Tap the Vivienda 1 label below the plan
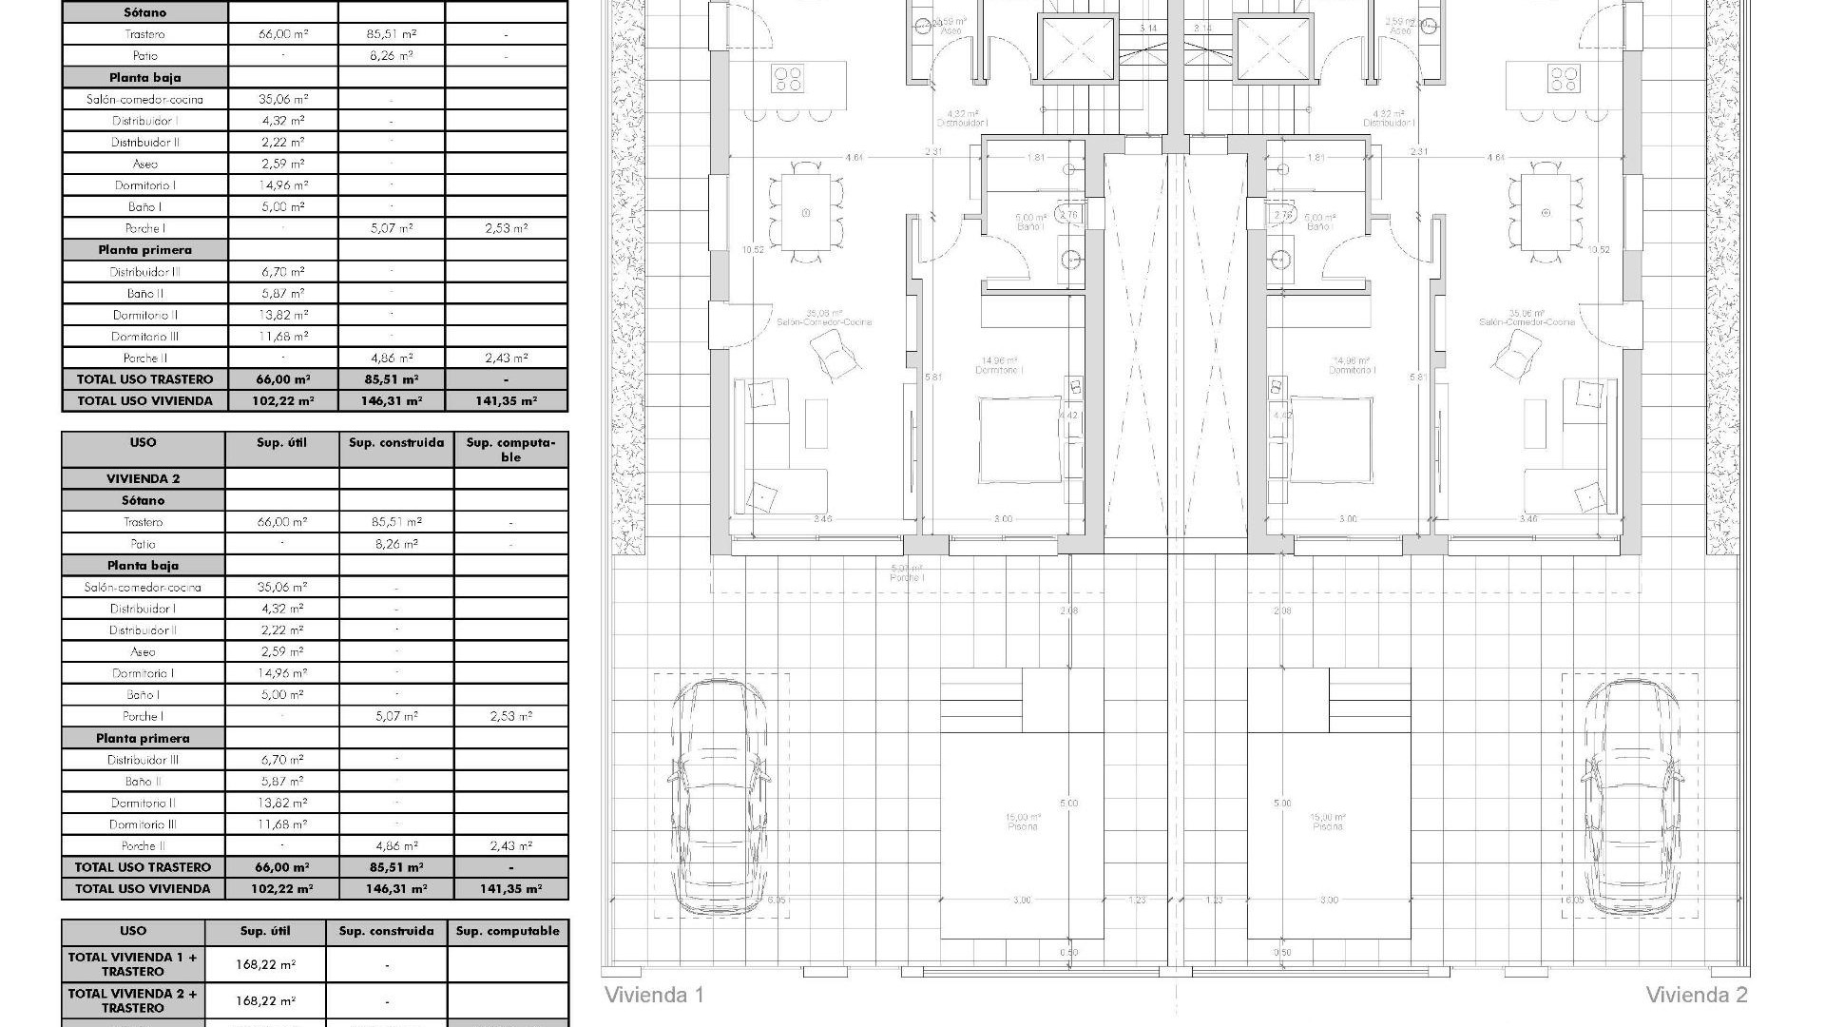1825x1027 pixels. [654, 996]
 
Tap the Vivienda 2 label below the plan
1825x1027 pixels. [1697, 996]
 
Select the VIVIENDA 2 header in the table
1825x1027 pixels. [143, 478]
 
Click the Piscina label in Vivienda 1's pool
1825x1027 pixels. [1023, 826]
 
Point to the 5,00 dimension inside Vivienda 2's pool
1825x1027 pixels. [1282, 804]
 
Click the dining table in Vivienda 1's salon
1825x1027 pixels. [805, 212]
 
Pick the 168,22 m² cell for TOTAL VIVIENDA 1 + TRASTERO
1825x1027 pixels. [265, 964]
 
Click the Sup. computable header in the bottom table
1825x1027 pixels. [508, 931]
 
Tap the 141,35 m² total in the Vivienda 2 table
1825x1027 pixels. [510, 889]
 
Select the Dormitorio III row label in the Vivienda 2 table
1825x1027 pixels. [143, 824]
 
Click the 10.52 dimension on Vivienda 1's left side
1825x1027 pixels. [753, 250]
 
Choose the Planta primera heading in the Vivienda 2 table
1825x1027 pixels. [143, 738]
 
